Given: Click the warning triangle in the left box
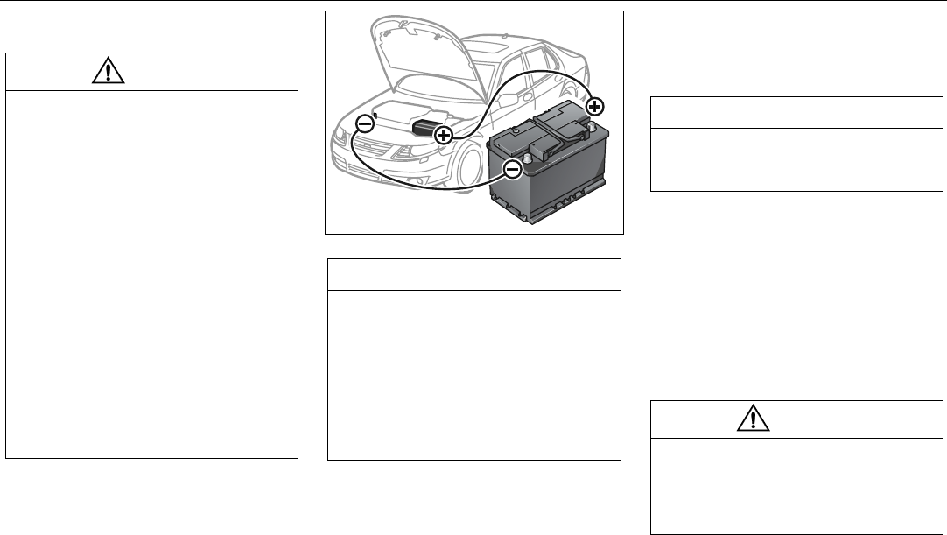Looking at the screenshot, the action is click(107, 73).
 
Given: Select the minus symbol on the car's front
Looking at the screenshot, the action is click(365, 123).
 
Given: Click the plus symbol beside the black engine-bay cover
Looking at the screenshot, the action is click(444, 135).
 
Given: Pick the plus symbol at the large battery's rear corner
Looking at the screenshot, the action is click(594, 107).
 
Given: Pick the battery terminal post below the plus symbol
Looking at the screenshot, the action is click(592, 126).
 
